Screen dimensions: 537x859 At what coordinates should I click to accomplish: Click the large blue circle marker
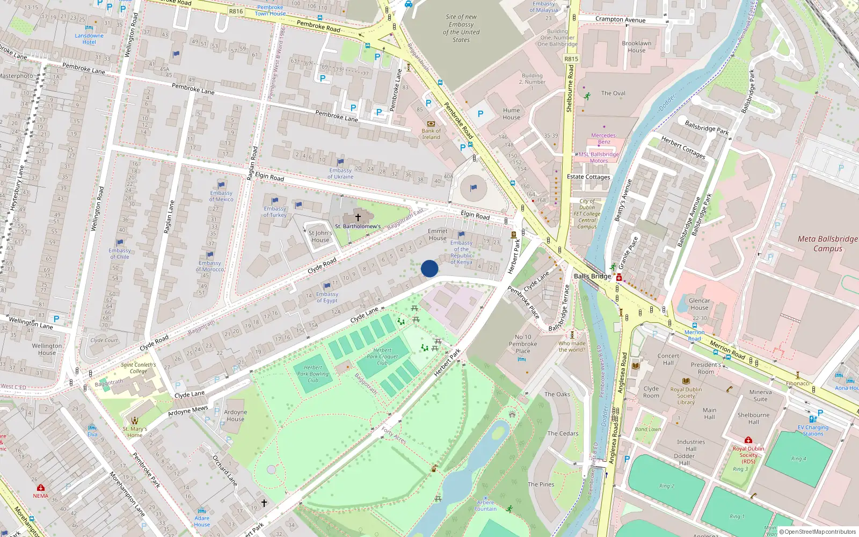tap(429, 268)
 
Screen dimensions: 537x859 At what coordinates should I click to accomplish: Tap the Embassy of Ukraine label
tap(340, 173)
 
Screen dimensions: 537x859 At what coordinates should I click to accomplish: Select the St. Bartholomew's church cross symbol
tap(358, 217)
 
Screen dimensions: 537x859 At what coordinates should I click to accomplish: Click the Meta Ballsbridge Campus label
tap(827, 243)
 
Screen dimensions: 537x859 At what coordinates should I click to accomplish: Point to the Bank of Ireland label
tap(431, 134)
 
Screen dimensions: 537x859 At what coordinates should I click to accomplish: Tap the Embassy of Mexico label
tap(221, 196)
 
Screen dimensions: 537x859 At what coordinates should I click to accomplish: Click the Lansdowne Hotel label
tap(89, 39)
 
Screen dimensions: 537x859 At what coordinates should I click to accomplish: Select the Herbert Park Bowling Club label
tap(313, 374)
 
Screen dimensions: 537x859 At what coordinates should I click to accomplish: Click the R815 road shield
tap(571, 59)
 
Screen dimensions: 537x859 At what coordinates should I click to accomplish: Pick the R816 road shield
tap(236, 11)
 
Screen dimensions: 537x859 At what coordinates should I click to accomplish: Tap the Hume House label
tap(511, 114)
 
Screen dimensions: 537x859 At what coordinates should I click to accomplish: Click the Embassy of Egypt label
tap(327, 297)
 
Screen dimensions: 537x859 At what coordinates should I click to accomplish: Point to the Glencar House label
tap(699, 304)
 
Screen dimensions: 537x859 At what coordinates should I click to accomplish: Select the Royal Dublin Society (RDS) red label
tap(748, 455)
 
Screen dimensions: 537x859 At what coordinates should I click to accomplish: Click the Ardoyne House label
tap(236, 416)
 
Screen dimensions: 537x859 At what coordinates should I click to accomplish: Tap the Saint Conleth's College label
tap(138, 368)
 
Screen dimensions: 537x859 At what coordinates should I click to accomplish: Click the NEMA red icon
tap(40, 488)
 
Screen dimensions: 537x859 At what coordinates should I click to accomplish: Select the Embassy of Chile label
tap(119, 253)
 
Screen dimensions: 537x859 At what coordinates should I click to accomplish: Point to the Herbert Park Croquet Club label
tap(382, 357)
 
